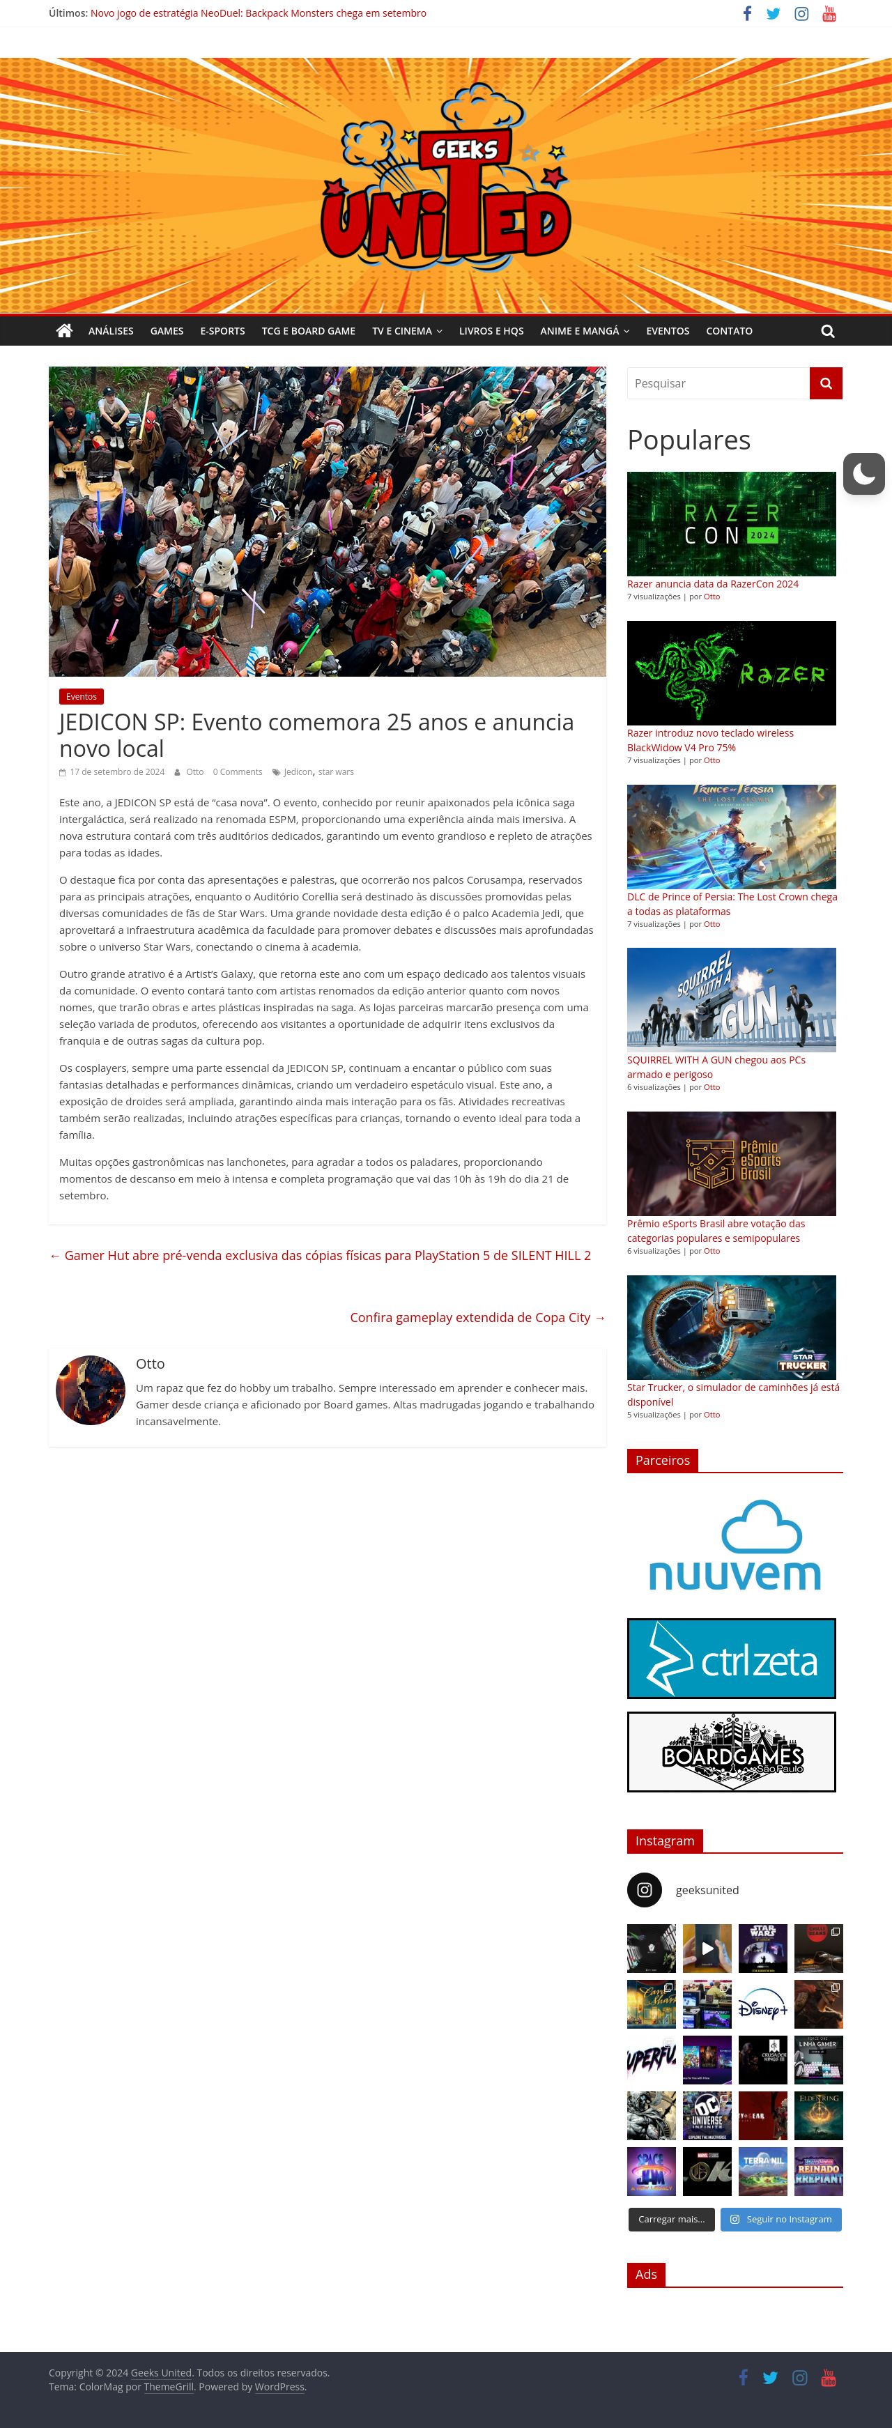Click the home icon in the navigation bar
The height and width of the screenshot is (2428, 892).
64,331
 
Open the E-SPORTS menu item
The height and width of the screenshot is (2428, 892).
222,331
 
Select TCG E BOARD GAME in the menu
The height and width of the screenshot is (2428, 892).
308,331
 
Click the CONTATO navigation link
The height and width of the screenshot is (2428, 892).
729,331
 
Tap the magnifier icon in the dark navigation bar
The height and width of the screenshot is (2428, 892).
828,331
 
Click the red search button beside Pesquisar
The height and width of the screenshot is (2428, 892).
825,383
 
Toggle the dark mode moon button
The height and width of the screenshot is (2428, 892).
863,473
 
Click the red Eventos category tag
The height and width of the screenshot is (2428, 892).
81,696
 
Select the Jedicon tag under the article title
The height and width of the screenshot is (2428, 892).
298,772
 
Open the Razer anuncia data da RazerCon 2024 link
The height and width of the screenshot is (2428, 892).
713,585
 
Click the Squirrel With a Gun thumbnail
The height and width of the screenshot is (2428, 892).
731,1000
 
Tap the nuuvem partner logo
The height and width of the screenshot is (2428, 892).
735,1546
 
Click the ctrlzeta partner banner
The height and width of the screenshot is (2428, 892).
731,1658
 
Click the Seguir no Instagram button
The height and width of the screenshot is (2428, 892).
780,2220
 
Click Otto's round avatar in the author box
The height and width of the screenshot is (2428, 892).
91,1390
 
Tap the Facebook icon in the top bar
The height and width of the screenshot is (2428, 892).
747,13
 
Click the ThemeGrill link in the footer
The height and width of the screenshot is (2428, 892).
169,2386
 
